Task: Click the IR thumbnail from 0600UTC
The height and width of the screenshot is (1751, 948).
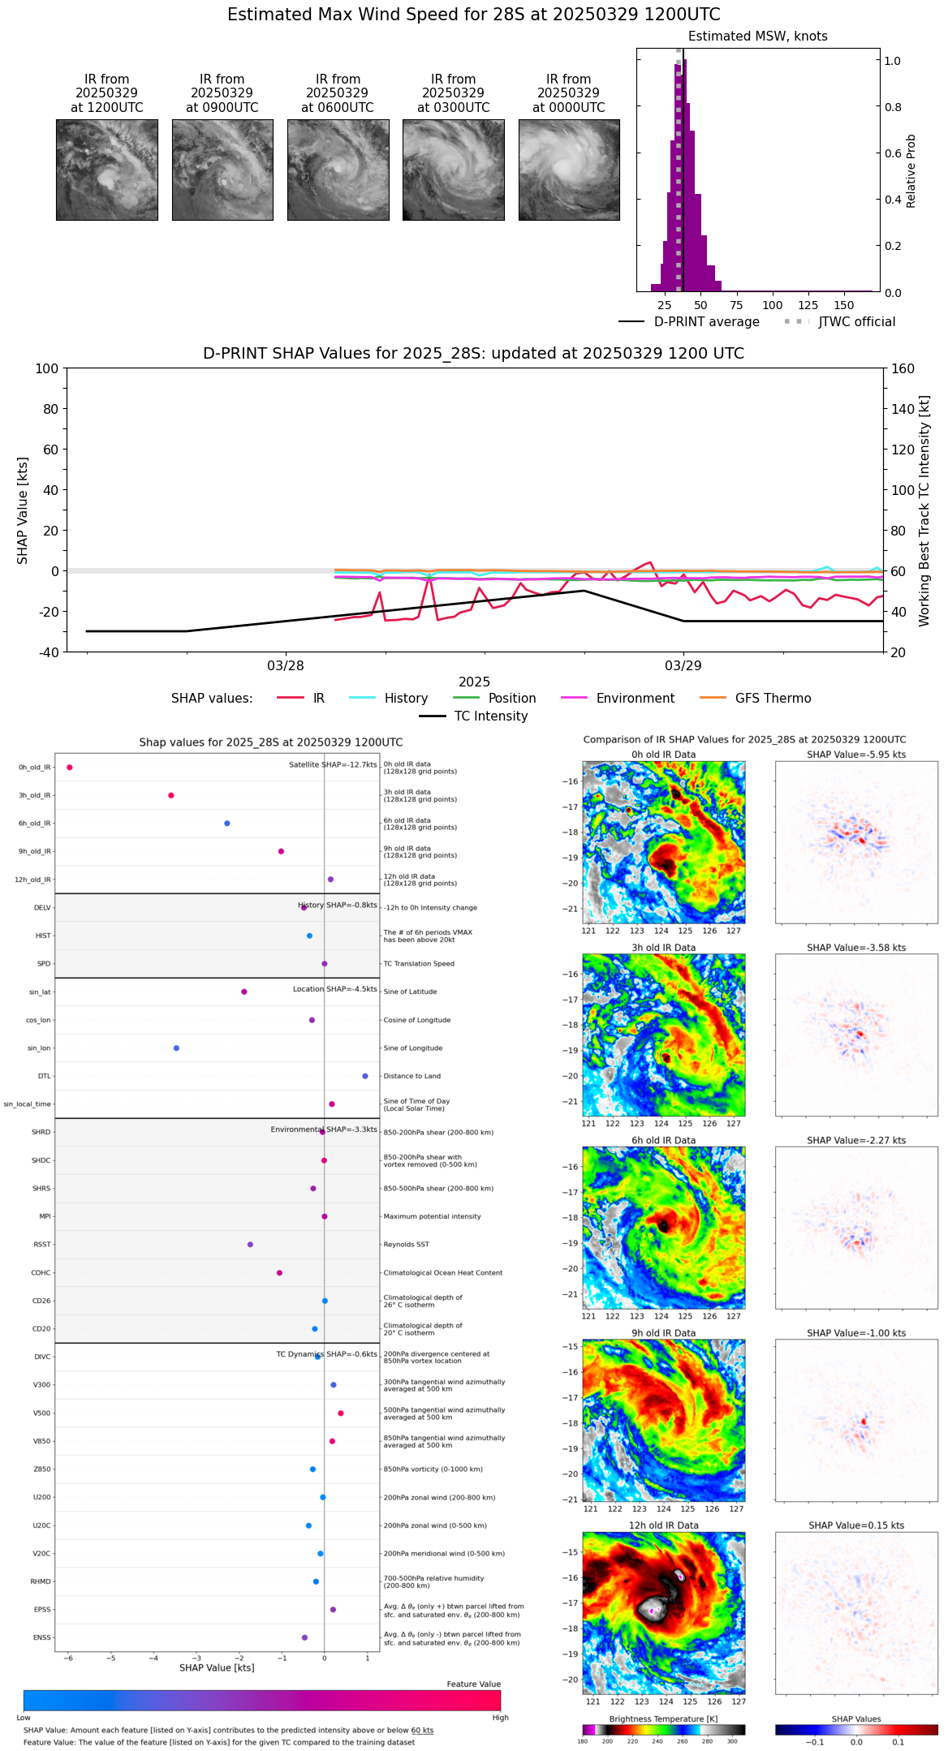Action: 338,170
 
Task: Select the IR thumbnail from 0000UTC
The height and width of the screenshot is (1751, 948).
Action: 569,170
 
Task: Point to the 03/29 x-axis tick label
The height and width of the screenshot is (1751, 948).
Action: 683,666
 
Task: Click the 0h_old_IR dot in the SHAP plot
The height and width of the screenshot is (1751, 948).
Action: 70,768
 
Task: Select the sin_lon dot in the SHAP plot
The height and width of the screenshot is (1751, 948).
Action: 176,1048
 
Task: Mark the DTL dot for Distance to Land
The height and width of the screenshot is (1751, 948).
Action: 365,1076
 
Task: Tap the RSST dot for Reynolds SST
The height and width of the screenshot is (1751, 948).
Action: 250,1245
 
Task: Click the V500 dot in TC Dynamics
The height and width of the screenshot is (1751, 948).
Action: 341,1413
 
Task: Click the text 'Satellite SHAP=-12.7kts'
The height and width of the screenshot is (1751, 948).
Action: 333,765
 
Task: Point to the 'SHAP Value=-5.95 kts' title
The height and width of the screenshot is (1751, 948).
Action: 856,755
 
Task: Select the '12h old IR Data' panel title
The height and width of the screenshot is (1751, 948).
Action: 663,1525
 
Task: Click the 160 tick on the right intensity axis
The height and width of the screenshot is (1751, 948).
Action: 903,369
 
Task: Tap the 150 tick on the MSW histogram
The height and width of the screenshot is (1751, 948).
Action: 844,306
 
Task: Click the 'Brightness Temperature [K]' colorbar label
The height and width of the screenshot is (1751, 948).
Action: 663,1719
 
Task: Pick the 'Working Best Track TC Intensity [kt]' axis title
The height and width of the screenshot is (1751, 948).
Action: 924,511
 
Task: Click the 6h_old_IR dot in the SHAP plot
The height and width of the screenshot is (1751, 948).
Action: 227,824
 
